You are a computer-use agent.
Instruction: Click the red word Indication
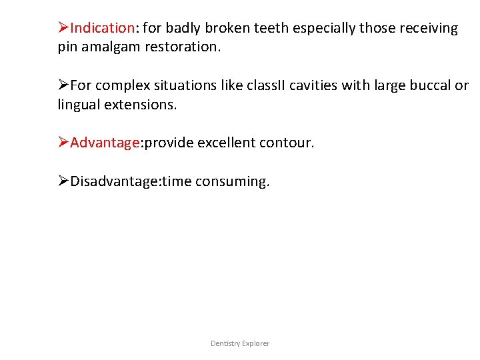[103, 28]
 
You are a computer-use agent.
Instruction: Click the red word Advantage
[103, 143]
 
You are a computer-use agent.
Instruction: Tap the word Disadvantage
[111, 181]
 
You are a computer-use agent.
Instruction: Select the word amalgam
[111, 47]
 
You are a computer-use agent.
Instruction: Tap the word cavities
[299, 85]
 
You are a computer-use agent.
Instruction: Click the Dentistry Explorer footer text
[240, 343]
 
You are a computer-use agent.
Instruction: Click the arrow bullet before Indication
[63, 28]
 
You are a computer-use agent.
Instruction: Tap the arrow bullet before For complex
[63, 85]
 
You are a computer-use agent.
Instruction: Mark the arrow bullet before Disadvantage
[63, 181]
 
